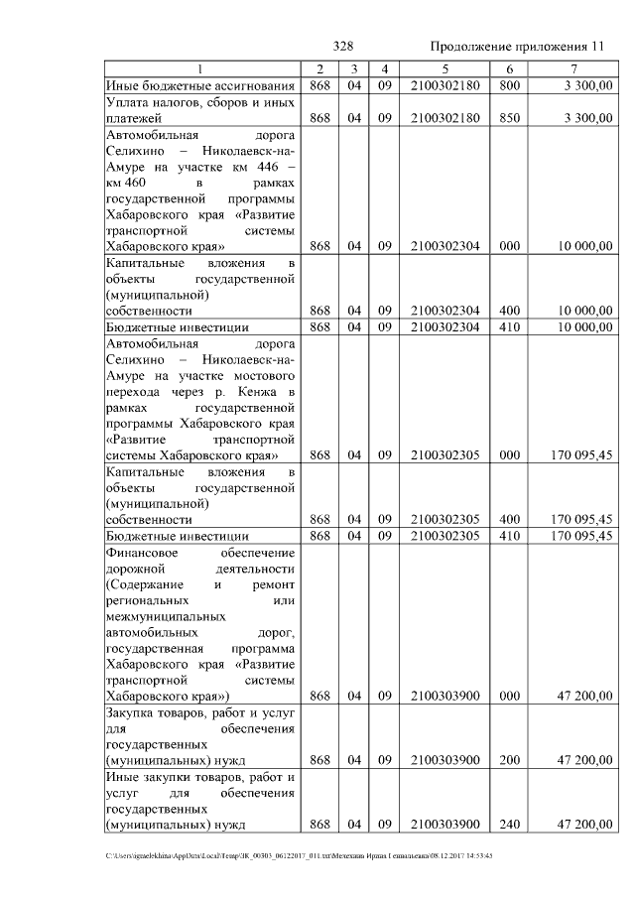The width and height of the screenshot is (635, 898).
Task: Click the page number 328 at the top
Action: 344,47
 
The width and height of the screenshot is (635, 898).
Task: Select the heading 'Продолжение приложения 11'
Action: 516,47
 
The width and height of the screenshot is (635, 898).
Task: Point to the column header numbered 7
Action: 573,68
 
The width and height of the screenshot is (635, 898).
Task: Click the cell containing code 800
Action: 509,85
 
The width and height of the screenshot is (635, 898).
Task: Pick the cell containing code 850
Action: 509,118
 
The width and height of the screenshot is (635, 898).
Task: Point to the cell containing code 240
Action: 509,824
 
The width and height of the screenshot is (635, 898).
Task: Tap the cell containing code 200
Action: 509,759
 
